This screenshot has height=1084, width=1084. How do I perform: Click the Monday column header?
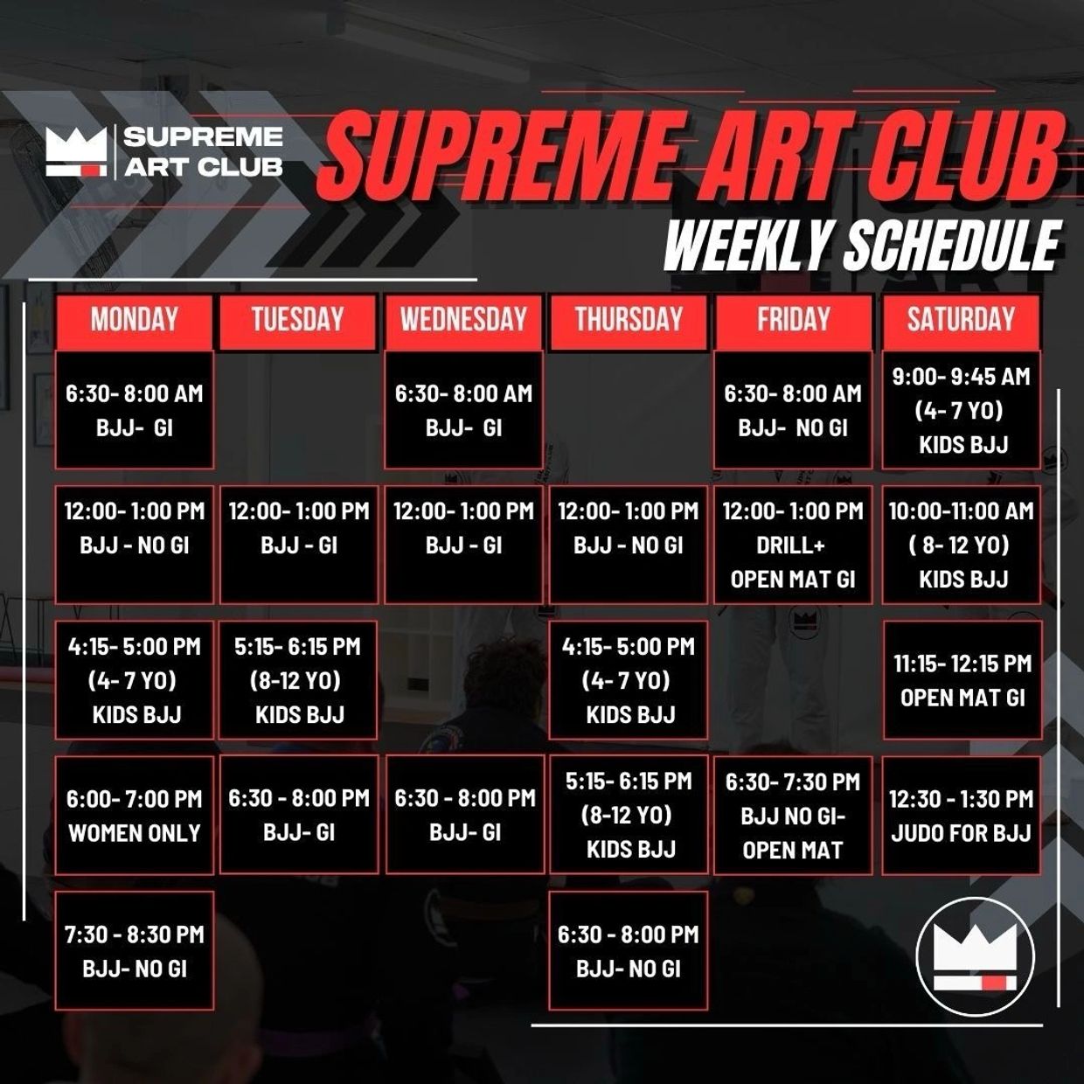click(x=134, y=319)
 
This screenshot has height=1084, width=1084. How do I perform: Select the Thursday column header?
click(x=628, y=319)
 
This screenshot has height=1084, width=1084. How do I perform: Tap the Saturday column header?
click(x=961, y=319)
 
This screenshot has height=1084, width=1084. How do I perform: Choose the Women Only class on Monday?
click(x=134, y=816)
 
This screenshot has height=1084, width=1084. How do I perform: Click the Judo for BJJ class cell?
click(x=961, y=816)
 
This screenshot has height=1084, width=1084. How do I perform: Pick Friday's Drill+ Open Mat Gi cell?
click(x=793, y=545)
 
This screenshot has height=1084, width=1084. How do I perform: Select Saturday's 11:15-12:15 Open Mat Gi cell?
click(x=962, y=680)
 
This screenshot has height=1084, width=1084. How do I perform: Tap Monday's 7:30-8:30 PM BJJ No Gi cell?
click(x=134, y=950)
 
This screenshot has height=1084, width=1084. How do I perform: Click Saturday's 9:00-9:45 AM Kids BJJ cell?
click(x=961, y=410)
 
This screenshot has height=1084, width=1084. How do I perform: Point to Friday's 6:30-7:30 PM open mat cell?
click(x=793, y=816)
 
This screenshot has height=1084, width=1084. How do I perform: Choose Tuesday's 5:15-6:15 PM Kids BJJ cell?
click(x=298, y=680)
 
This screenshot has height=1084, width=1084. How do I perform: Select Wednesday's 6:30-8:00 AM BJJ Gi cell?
click(x=463, y=410)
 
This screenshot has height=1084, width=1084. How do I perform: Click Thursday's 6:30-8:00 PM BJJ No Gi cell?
click(x=628, y=950)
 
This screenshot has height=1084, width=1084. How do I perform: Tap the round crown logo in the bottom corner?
click(x=975, y=956)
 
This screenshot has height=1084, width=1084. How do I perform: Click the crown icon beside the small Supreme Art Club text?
click(x=76, y=151)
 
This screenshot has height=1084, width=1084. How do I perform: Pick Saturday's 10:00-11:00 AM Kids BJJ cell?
click(x=961, y=545)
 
